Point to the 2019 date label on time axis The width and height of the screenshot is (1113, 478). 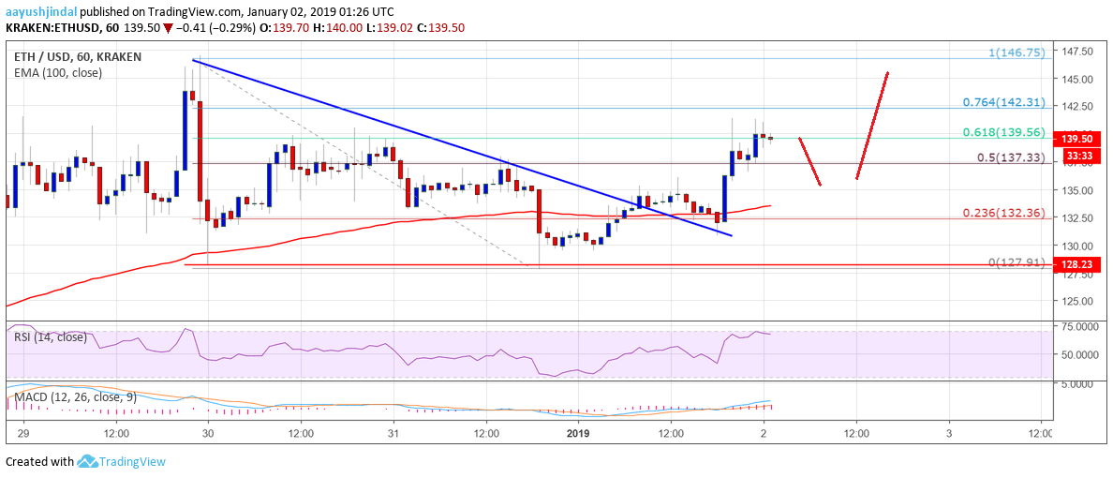click(x=579, y=434)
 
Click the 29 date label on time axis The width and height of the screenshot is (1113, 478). click(x=22, y=434)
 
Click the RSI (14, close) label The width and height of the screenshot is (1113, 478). click(x=52, y=337)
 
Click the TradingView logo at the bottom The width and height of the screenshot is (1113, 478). click(x=121, y=461)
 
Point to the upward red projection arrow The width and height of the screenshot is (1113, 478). click(x=872, y=125)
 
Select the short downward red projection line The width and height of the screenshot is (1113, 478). click(x=810, y=161)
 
